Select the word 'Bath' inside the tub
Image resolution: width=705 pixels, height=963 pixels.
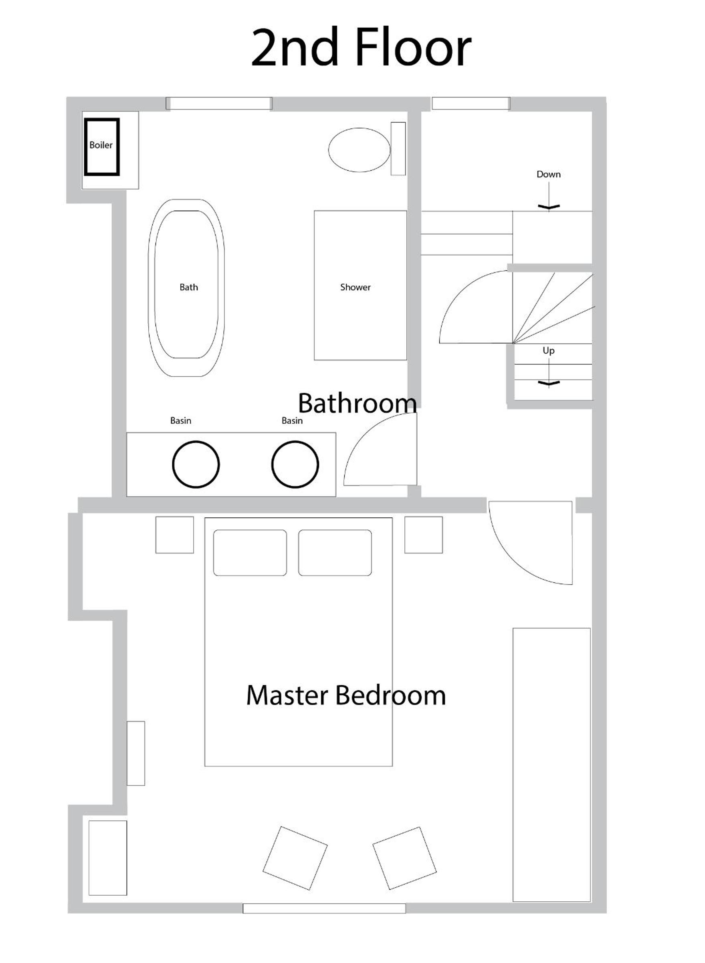point(189,287)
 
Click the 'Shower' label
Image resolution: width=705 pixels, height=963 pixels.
point(356,287)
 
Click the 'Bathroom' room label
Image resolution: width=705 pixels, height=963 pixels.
point(357,403)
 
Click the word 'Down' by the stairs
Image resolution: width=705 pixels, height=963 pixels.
point(548,174)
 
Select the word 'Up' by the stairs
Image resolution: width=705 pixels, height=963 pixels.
point(548,350)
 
